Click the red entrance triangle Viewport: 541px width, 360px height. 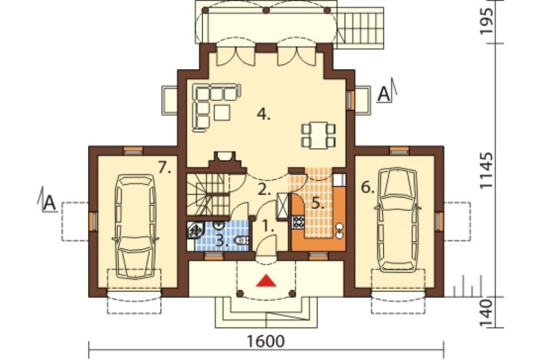pos(266,281)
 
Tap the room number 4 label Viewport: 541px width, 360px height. pos(263,114)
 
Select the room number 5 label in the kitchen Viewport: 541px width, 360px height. pos(318,203)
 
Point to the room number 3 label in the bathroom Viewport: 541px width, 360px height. pos(222,241)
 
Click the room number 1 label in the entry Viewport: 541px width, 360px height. pos(268,226)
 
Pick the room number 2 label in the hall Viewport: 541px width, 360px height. pos(265,190)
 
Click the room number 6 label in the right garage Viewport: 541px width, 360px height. pos(368,188)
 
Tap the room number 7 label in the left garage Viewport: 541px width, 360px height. pos(165,168)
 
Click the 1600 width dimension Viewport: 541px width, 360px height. pos(266,341)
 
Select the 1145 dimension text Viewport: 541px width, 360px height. pos(486,170)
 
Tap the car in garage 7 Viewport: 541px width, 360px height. pos(135,226)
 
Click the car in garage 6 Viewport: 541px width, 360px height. pos(397,220)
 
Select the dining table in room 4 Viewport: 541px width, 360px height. pos(318,135)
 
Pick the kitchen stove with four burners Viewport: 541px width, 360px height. pos(298,222)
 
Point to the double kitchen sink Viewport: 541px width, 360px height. pos(340,231)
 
